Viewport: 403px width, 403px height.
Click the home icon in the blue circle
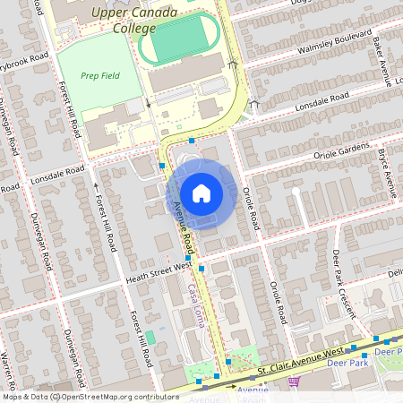201,193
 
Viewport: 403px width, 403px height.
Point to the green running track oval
180,39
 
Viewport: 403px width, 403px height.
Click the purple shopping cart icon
294,382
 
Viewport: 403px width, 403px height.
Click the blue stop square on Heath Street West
201,268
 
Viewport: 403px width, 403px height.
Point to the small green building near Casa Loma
150,337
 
